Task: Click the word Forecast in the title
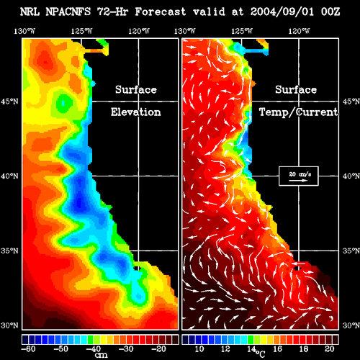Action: (x=161, y=12)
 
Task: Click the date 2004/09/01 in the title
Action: (x=282, y=12)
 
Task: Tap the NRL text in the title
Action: (x=30, y=12)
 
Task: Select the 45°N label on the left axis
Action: (x=9, y=102)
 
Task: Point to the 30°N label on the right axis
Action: (x=351, y=325)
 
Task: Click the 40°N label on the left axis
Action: (x=9, y=176)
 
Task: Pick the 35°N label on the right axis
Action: (x=351, y=251)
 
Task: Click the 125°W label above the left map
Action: (x=81, y=31)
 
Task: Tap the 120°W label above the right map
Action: (x=299, y=31)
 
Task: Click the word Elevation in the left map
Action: (x=136, y=112)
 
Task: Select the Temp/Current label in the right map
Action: (x=299, y=112)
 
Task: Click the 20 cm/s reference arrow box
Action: (x=299, y=176)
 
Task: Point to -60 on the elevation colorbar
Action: (x=28, y=348)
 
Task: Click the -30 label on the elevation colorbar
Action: (x=126, y=348)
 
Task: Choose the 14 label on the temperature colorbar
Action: (x=252, y=348)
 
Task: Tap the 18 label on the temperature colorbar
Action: (x=304, y=348)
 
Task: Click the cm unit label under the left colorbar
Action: (x=101, y=355)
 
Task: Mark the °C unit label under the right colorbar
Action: (x=260, y=354)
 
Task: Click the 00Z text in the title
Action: (x=330, y=12)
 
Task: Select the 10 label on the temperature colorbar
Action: (x=199, y=348)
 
